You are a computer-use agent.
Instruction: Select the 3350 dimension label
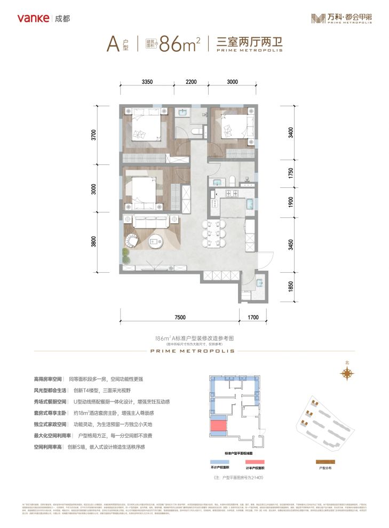[148, 82]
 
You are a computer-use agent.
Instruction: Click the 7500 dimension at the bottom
[179, 318]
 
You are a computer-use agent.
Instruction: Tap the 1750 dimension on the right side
[290, 174]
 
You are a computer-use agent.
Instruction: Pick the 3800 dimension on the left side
[94, 240]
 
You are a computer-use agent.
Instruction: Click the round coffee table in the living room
[155, 241]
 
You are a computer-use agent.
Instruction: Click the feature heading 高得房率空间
[50, 377]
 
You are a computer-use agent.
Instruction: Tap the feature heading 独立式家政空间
[50, 423]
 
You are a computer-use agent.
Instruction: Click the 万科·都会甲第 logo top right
[342, 18]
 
